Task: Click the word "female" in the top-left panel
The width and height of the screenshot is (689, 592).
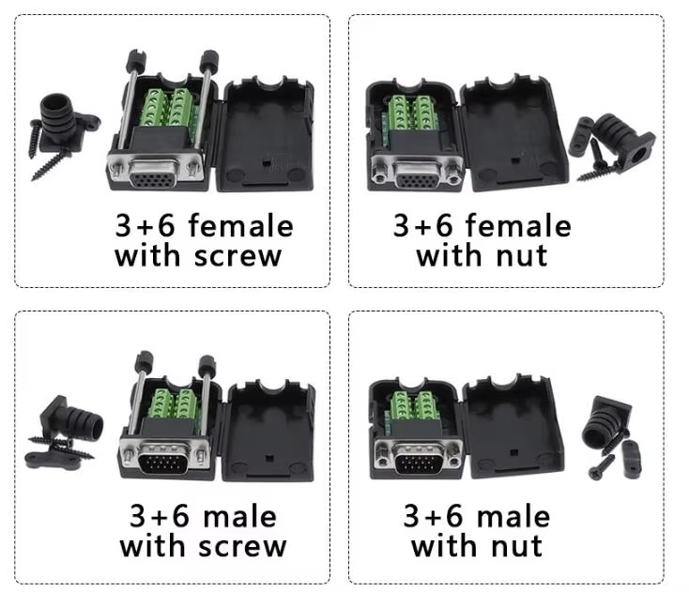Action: pyautogui.click(x=241, y=226)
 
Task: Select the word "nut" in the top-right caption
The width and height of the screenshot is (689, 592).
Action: pyautogui.click(x=521, y=255)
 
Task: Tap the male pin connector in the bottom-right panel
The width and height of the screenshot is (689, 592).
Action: pyautogui.click(x=418, y=460)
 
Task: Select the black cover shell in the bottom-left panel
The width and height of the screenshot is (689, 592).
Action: pyautogui.click(x=269, y=427)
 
